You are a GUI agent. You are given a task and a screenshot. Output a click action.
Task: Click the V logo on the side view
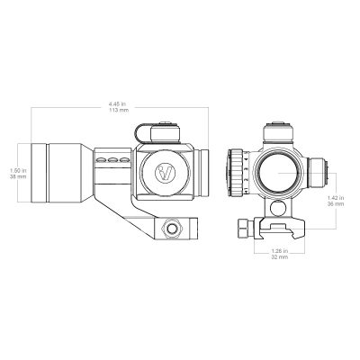[x=164, y=173]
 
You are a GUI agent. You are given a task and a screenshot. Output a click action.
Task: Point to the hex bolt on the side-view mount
[x=170, y=229]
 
